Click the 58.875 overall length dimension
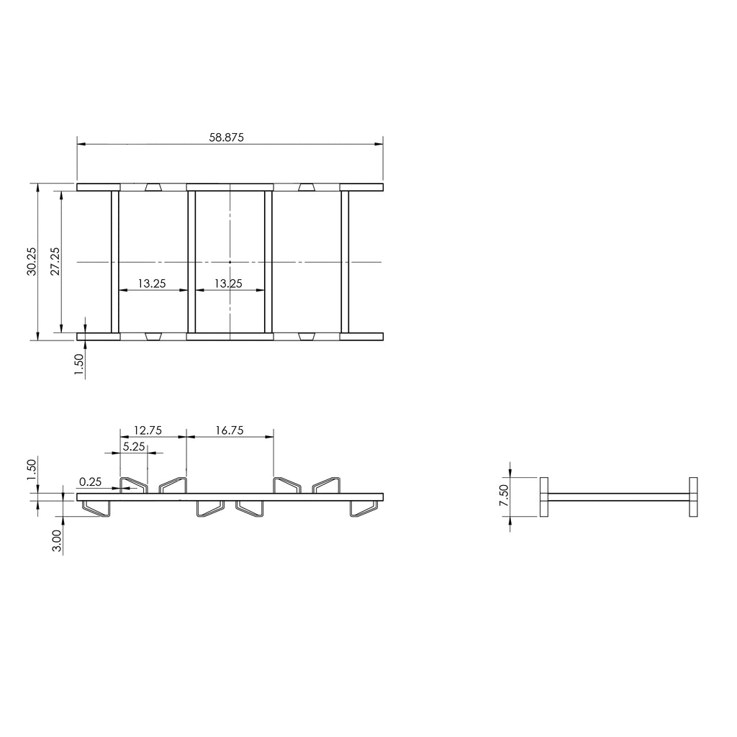(226, 137)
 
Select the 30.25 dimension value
(32, 261)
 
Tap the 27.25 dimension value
(55, 261)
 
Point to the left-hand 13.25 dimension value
(152, 284)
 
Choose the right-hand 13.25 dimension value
(228, 284)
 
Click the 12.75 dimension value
(148, 430)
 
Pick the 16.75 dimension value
(230, 430)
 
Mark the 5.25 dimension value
(134, 446)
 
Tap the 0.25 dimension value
(90, 481)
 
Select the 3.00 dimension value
(57, 541)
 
